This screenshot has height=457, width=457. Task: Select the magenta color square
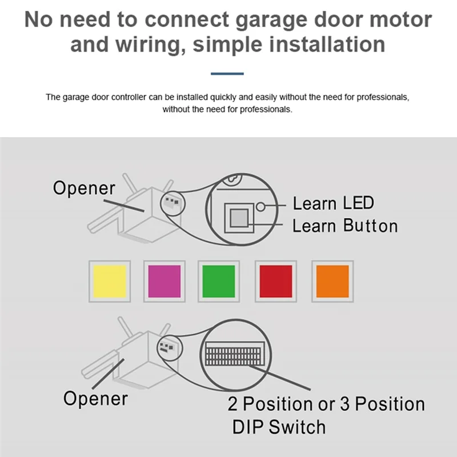(x=165, y=281)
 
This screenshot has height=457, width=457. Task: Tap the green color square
(x=218, y=281)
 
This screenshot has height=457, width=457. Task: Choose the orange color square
(x=332, y=281)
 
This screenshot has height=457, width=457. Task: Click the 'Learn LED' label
(x=333, y=203)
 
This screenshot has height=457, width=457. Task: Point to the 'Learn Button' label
(x=345, y=226)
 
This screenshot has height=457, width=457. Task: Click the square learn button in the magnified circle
(x=238, y=217)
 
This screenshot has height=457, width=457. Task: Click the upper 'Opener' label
(x=84, y=188)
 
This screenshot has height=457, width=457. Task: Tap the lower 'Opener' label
(x=95, y=398)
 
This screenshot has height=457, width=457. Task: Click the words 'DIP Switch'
(x=279, y=427)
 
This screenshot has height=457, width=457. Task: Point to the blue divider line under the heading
(x=227, y=74)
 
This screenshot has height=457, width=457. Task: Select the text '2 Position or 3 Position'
(x=326, y=404)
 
